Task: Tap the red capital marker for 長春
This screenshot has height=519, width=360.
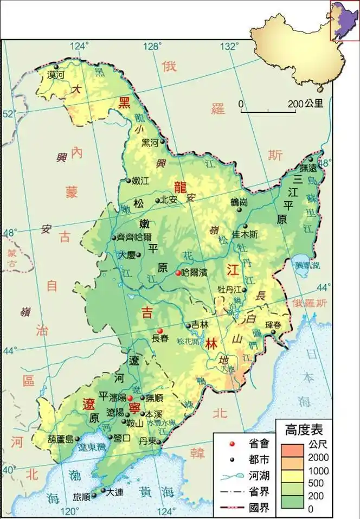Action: [x=159, y=331]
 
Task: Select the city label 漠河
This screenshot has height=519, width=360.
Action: [x=56, y=75]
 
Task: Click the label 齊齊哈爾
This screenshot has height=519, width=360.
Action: [x=134, y=237]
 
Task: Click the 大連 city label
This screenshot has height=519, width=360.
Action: [x=115, y=492]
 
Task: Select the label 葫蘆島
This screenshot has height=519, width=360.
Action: [x=60, y=439]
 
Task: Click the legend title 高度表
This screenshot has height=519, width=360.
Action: [x=304, y=430]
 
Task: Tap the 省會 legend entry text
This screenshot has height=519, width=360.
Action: [x=257, y=444]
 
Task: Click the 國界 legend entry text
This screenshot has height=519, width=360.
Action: [x=257, y=508]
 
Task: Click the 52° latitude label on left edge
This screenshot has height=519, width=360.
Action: [x=9, y=114]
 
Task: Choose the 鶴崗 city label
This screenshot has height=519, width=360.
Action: [x=239, y=202]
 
